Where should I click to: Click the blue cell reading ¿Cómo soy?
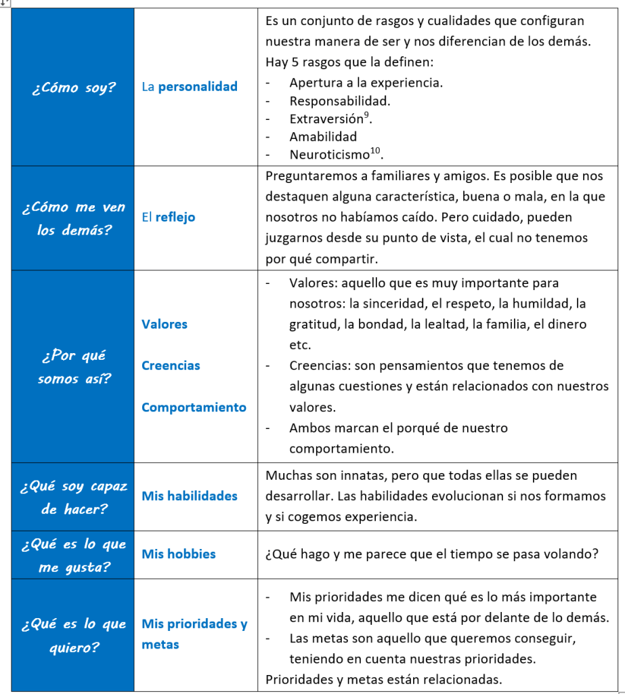pos(73,87)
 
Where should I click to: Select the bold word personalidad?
pos(198,87)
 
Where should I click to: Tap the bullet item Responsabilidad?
pos(340,101)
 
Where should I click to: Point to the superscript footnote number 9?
pos(366,115)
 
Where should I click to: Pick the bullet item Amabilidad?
pos(323,136)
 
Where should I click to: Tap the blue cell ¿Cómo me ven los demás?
pos(73,218)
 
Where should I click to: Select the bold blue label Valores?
pos(165,324)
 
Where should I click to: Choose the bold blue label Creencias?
pos(171,365)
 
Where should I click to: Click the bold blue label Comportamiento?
pos(194,407)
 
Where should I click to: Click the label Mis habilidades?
pos(190,496)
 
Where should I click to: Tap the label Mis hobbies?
pos(179,554)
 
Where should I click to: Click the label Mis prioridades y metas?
pos(194,634)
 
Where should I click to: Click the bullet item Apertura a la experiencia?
pos(366,83)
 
